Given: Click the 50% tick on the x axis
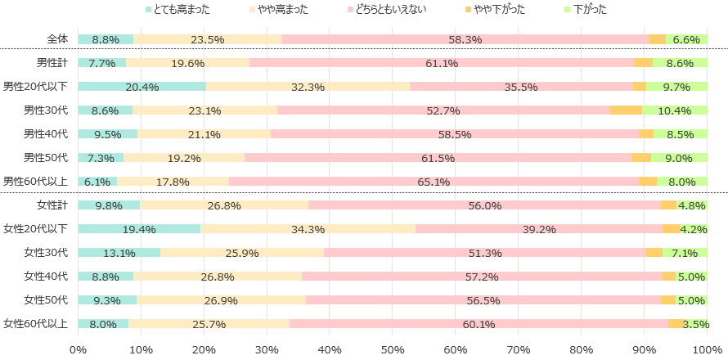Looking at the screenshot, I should click(x=393, y=350).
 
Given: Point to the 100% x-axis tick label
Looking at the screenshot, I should click(x=708, y=350).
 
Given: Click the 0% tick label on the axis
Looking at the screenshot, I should click(x=79, y=350).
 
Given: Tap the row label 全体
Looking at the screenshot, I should click(x=57, y=39).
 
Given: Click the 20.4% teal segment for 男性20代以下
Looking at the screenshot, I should click(x=142, y=86).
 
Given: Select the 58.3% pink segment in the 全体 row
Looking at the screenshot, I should click(x=465, y=39).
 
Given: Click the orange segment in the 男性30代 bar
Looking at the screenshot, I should click(x=626, y=110).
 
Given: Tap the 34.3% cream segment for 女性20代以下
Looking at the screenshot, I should click(x=308, y=229).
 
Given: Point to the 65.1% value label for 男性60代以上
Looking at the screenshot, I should click(x=434, y=182).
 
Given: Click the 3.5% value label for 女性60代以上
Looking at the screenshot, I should click(x=695, y=324).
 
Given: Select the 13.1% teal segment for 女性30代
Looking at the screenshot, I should click(x=119, y=253).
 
